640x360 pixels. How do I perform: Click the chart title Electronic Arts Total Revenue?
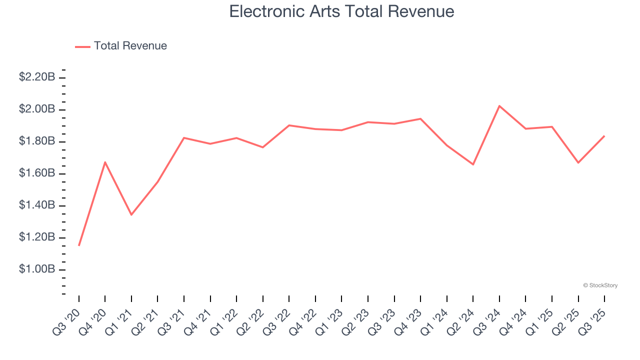click(x=341, y=11)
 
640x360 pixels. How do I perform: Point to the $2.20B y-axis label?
click(x=37, y=77)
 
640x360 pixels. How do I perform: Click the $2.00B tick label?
click(x=37, y=109)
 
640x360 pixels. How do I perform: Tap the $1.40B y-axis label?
click(x=37, y=205)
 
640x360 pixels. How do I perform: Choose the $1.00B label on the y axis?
click(x=37, y=269)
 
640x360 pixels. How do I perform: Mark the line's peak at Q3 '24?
click(x=499, y=106)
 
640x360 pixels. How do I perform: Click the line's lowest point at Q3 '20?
click(x=79, y=245)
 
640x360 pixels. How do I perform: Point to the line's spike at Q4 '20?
click(x=105, y=162)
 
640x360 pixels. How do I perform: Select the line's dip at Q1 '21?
click(x=131, y=214)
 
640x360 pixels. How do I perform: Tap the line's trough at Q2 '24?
click(x=473, y=164)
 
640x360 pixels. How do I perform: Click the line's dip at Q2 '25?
click(x=578, y=162)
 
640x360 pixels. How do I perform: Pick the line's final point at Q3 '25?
click(x=604, y=136)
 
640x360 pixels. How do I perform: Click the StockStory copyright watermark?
click(x=600, y=285)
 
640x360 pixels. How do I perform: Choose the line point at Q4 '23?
click(x=420, y=118)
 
